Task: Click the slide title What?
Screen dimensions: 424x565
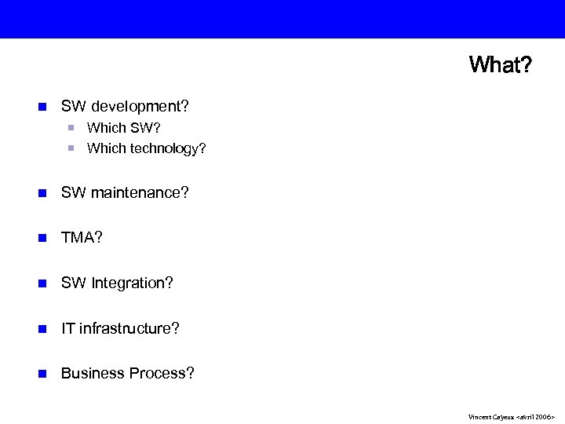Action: (499, 64)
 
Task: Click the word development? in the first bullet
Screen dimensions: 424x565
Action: (140, 105)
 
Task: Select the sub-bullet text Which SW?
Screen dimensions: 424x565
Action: (124, 127)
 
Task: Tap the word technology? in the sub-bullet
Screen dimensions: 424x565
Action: (166, 148)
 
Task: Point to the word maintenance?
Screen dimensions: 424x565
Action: (140, 192)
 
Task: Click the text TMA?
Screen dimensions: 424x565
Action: (82, 238)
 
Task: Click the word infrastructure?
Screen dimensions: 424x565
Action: (129, 328)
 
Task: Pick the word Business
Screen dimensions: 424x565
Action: (89, 373)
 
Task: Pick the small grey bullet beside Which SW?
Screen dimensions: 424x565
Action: (71, 127)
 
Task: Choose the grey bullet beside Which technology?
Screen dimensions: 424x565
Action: (71, 148)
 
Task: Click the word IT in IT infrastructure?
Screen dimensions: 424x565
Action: (67, 328)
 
